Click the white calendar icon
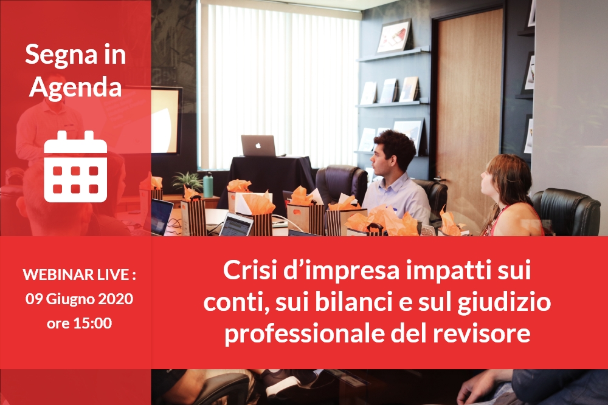tap(75, 166)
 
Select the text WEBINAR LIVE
tap(75, 274)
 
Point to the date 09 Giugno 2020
tap(79, 299)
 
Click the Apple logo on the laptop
tap(258, 145)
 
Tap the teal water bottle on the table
tap(208, 185)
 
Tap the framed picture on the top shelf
tap(395, 36)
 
